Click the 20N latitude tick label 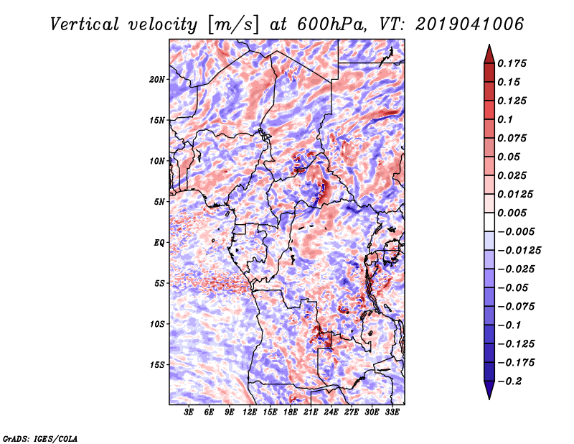(157, 79)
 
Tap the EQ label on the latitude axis (159, 242)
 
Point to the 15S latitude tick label (157, 364)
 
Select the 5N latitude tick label (159, 201)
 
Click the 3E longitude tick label (189, 412)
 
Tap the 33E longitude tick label (392, 412)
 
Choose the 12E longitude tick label (250, 412)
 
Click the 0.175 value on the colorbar (512, 63)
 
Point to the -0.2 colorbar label (509, 381)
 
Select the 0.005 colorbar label (512, 213)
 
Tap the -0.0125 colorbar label (519, 251)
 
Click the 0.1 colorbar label (505, 119)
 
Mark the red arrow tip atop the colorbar (489, 45)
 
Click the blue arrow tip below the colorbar (489, 399)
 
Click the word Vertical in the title (85, 24)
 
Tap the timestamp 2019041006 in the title (470, 24)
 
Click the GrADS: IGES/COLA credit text (40, 438)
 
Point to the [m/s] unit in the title (233, 24)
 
